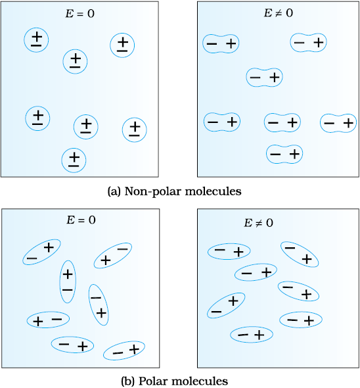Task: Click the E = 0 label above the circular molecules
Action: pos(80,14)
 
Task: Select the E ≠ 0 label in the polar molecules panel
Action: pos(258,223)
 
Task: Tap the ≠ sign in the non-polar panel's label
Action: pos(279,13)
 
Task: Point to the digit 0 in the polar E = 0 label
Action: pos(92,220)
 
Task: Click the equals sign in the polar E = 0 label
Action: pos(81,220)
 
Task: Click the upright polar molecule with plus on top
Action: pos(68,281)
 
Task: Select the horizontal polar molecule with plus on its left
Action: pos(48,320)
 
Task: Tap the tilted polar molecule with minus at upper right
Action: pos(113,255)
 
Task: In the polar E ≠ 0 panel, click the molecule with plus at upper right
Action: pos(226,305)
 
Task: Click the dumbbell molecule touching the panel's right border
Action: pos(338,123)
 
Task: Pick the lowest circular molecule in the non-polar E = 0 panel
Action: pos(74,160)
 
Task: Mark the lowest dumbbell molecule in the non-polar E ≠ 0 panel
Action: pos(284,154)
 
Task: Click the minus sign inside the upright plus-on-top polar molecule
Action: pos(68,290)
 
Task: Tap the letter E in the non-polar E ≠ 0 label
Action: pos(268,13)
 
